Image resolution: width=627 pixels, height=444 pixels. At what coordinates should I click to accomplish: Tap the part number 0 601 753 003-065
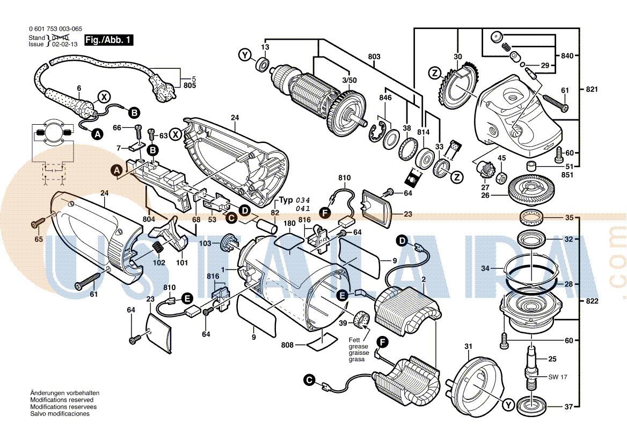click(56, 30)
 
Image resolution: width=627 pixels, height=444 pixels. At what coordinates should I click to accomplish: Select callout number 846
click(385, 98)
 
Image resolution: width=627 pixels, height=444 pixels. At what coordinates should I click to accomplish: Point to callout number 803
click(374, 57)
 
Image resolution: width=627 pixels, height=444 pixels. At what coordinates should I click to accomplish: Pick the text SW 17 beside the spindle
click(557, 377)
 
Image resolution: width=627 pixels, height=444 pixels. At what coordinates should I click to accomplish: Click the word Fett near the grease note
click(354, 340)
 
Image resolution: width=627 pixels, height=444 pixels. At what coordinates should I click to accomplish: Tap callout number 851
click(567, 175)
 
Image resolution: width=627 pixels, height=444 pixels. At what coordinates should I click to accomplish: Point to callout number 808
click(287, 345)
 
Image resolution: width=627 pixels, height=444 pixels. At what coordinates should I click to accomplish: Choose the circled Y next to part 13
click(245, 55)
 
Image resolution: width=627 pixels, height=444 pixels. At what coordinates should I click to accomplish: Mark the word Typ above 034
click(286, 199)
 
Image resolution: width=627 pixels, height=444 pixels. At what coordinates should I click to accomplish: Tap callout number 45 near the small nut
click(501, 158)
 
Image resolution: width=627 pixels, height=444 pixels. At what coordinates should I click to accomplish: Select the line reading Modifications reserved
click(62, 400)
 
